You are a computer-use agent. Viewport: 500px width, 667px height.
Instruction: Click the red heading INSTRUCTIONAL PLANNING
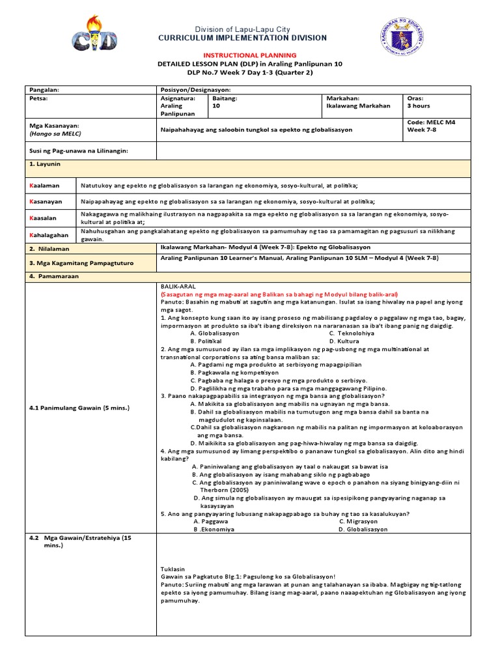point(250,55)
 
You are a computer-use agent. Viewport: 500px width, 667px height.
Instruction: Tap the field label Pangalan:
point(45,89)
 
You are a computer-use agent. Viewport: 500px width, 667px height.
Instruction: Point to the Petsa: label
point(40,98)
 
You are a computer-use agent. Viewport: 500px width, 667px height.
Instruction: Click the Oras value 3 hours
point(418,106)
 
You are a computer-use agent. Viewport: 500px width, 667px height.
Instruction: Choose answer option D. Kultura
point(345,341)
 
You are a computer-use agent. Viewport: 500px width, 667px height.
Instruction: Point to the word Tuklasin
point(173,569)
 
